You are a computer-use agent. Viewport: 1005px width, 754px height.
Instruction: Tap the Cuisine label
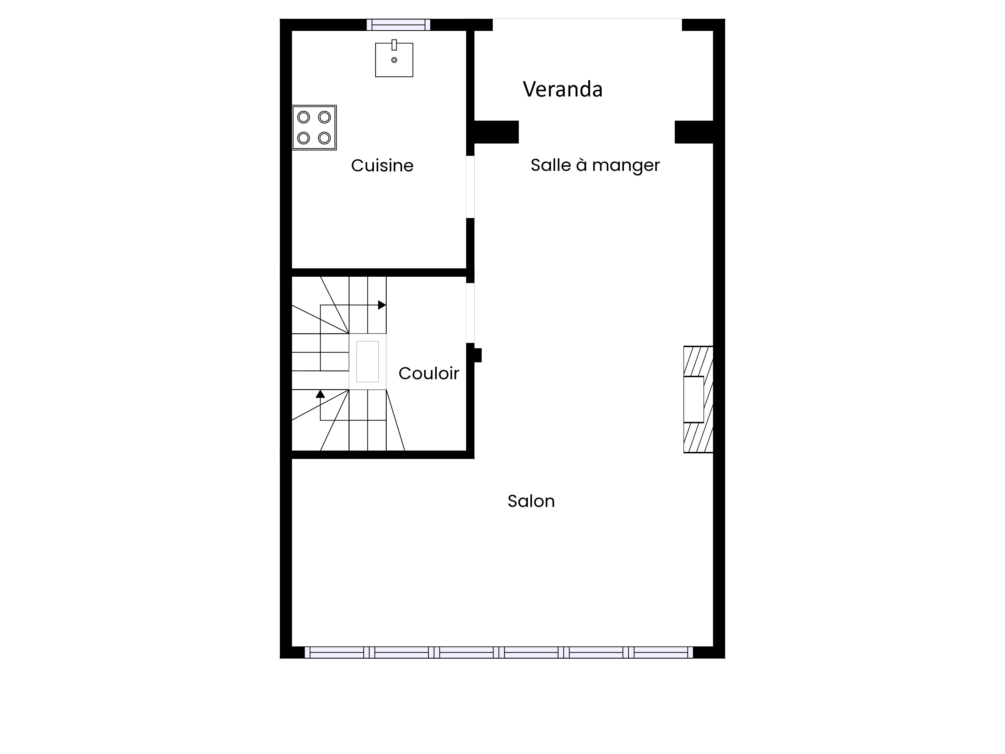[382, 165]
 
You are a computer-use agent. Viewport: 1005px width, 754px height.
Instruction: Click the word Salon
[531, 501]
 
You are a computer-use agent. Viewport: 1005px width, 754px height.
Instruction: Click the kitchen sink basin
[394, 60]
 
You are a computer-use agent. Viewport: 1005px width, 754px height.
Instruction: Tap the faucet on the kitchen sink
[394, 44]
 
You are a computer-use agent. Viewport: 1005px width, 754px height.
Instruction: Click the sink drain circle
[394, 60]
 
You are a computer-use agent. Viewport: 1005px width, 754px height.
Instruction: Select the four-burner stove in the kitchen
[314, 128]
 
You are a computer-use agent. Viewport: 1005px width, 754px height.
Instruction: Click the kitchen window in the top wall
[398, 25]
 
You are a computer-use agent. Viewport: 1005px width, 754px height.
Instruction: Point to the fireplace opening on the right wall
[694, 400]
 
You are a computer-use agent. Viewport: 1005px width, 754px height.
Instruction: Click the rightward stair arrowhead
[382, 305]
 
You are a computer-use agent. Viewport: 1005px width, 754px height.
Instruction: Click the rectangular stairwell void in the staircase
[368, 362]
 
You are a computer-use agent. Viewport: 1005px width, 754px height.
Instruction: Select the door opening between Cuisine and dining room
[470, 187]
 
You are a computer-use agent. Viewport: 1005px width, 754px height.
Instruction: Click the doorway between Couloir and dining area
[470, 313]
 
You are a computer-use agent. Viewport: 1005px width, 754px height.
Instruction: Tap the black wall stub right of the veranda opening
[694, 132]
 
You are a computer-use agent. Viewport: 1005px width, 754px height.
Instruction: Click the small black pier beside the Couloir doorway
[478, 355]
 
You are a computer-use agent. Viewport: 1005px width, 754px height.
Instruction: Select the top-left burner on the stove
[304, 117]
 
